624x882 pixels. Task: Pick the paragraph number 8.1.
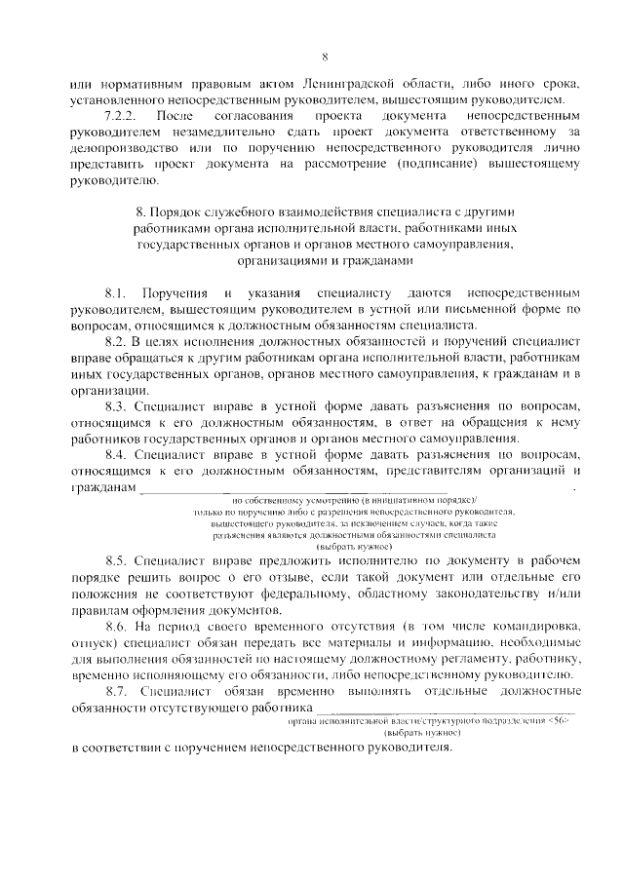coord(117,293)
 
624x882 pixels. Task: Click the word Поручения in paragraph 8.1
coord(175,293)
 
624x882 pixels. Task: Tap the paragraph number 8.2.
coord(117,342)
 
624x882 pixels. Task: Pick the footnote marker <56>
coord(560,748)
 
